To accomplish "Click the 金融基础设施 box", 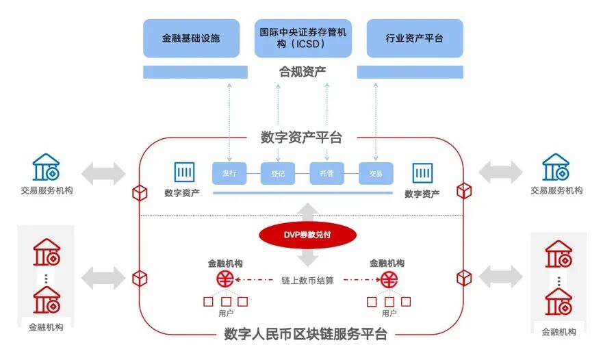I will point(191,38).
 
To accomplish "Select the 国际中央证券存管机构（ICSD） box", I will point(303,38).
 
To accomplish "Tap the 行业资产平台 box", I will point(414,38).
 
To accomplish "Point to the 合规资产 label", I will point(303,71).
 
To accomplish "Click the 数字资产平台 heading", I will point(301,137).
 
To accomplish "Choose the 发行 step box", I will point(229,173).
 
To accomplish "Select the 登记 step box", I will point(277,174).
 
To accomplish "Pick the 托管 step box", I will point(326,174).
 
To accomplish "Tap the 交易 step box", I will point(376,174).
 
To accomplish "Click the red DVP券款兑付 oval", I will point(307,235).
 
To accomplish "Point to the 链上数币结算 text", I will point(307,280).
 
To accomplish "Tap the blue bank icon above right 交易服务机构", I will point(556,168).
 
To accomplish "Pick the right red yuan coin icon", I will point(390,279).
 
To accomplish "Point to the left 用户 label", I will point(226,313).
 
